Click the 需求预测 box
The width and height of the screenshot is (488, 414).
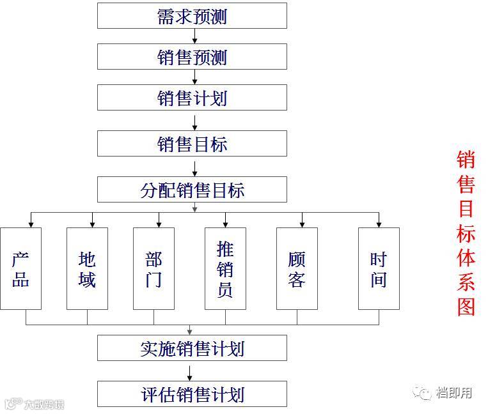192,16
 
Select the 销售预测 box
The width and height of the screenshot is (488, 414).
192,57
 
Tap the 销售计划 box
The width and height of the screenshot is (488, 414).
192,98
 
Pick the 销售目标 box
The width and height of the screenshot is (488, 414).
192,144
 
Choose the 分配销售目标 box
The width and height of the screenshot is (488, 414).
192,190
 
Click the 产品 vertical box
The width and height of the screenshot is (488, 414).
20,268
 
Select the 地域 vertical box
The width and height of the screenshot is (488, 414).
87,268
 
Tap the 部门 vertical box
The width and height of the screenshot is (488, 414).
153,268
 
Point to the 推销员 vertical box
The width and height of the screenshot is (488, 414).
225,268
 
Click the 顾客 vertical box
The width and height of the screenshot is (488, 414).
297,268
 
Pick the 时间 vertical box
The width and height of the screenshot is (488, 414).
379,268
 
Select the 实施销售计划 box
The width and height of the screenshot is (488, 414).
192,348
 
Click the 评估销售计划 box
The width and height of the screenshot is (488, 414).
192,394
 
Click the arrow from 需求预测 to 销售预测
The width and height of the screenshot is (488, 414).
194,36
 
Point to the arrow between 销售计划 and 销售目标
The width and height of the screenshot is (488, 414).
194,121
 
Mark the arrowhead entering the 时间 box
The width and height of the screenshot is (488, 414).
379,224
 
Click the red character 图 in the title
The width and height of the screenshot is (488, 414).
466,306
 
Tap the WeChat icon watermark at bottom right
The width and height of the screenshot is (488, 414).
422,392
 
